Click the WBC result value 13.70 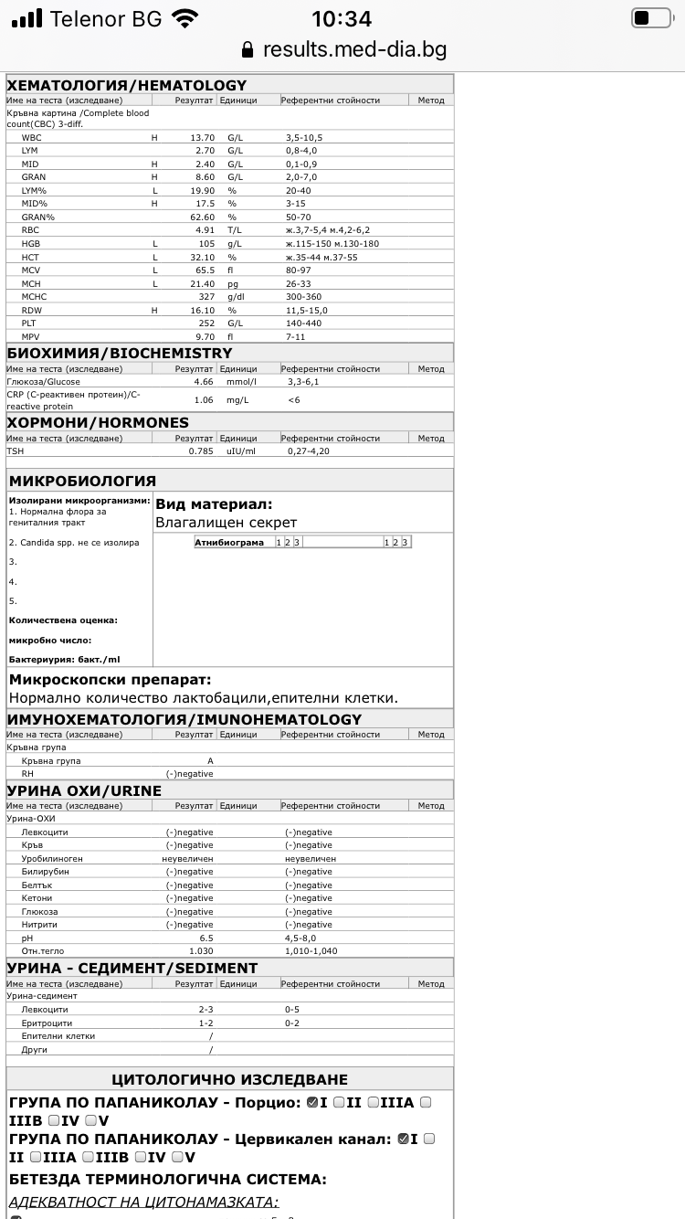click(x=202, y=137)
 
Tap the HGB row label click(x=31, y=244)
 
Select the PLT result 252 click(x=205, y=323)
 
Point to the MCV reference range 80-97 click(x=300, y=270)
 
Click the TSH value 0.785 click(x=200, y=451)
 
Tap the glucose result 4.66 click(x=203, y=382)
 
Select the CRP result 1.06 click(x=203, y=399)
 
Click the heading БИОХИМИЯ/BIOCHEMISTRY click(x=120, y=353)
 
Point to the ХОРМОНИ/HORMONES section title click(x=98, y=422)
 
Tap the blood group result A click(x=210, y=761)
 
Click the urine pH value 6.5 click(x=205, y=938)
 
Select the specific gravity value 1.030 click(x=200, y=951)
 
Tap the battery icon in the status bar click(x=651, y=18)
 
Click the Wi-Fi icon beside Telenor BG click(x=185, y=18)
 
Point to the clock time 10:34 click(x=342, y=18)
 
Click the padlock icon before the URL click(x=247, y=49)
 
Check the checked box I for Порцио click(x=312, y=1102)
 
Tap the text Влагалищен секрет click(x=226, y=523)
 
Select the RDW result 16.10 click(x=202, y=311)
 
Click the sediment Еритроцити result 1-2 click(x=205, y=1023)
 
